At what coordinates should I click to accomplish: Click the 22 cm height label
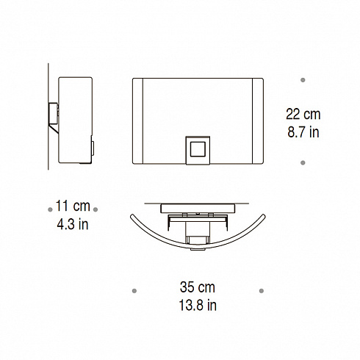pos(303,114)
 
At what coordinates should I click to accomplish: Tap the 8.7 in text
pos(303,132)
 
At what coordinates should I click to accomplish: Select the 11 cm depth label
pos(73,206)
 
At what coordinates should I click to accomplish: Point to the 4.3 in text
pos(73,224)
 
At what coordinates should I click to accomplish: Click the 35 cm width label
pos(198,287)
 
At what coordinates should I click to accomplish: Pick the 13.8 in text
pos(198,305)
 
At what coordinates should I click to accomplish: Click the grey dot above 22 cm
pos(303,80)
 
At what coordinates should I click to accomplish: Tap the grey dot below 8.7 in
pos(303,162)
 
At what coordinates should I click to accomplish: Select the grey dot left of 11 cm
pos(50,209)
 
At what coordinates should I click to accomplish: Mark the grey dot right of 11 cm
pos(96,209)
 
